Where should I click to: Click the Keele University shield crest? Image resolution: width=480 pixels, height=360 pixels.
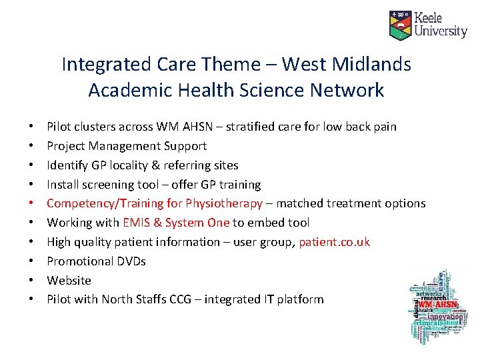[400, 25]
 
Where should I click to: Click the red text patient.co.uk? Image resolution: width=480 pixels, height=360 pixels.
[334, 242]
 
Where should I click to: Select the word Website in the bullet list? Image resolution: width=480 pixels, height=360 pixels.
[69, 281]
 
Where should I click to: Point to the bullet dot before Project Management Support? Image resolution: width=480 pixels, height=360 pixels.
[32, 146]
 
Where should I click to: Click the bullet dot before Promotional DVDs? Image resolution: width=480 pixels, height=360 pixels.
[32, 261]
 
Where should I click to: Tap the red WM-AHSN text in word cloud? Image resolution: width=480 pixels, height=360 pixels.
[437, 305]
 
